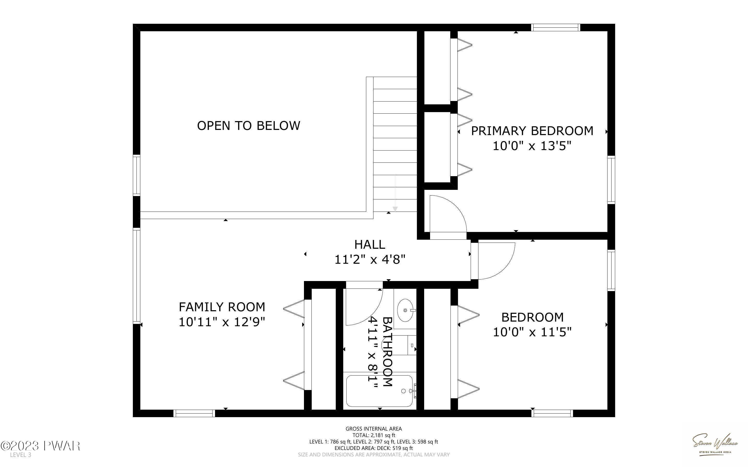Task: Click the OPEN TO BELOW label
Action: click(x=248, y=126)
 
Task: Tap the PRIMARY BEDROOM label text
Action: click(x=532, y=131)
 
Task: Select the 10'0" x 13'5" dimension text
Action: click(x=532, y=146)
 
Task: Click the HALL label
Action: click(x=370, y=245)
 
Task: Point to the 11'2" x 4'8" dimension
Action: click(x=370, y=259)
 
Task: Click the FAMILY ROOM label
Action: click(x=222, y=307)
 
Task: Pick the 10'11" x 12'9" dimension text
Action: click(x=222, y=322)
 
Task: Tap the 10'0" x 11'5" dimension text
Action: click(x=532, y=332)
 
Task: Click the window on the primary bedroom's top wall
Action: click(x=555, y=27)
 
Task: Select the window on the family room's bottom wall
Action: click(x=194, y=413)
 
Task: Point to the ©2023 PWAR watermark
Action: click(x=41, y=446)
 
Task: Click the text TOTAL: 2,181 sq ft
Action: click(x=374, y=435)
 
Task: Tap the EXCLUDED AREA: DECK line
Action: click(x=374, y=448)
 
